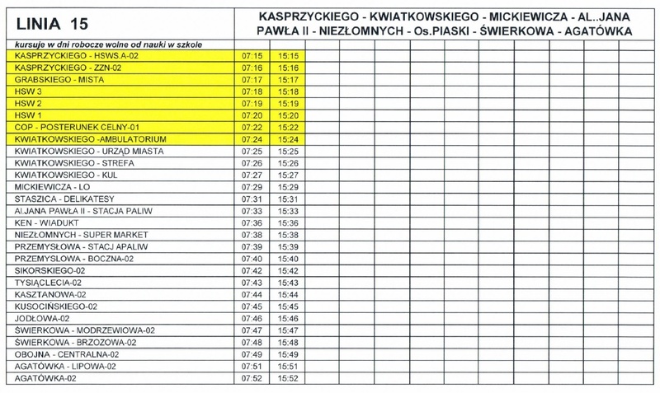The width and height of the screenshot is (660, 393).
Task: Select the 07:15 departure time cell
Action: coord(252,55)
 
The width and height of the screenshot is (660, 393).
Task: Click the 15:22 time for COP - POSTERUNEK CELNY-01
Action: coord(288,128)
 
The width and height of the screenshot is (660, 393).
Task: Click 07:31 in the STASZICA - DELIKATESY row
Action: coord(252,199)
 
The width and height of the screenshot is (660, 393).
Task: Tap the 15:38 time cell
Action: coord(288,235)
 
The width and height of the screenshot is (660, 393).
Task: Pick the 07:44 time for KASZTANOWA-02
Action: coord(252,294)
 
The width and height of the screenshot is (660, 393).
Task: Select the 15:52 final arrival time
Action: coord(288,378)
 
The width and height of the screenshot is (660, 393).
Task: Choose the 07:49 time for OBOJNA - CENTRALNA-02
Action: coord(252,354)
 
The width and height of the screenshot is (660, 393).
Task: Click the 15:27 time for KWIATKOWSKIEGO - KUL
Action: coord(288,175)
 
